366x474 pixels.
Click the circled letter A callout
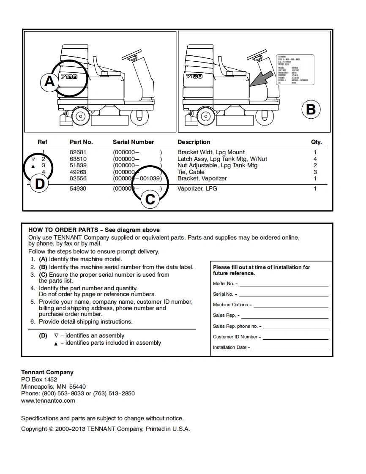[x=50, y=81]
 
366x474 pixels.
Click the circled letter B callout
[x=311, y=109]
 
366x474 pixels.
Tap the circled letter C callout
[x=150, y=199]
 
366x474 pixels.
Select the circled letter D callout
[x=39, y=184]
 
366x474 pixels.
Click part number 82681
[x=78, y=152]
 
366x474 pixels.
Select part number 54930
[x=78, y=188]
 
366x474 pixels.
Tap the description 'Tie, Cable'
[x=191, y=172]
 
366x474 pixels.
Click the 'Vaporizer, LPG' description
[x=197, y=188]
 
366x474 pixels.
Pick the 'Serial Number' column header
[x=133, y=142]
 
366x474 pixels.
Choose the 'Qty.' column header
[x=316, y=142]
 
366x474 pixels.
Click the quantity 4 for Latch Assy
[x=315, y=159]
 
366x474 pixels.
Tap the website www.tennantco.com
[x=48, y=400]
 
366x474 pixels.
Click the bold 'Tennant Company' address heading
[x=47, y=372]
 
